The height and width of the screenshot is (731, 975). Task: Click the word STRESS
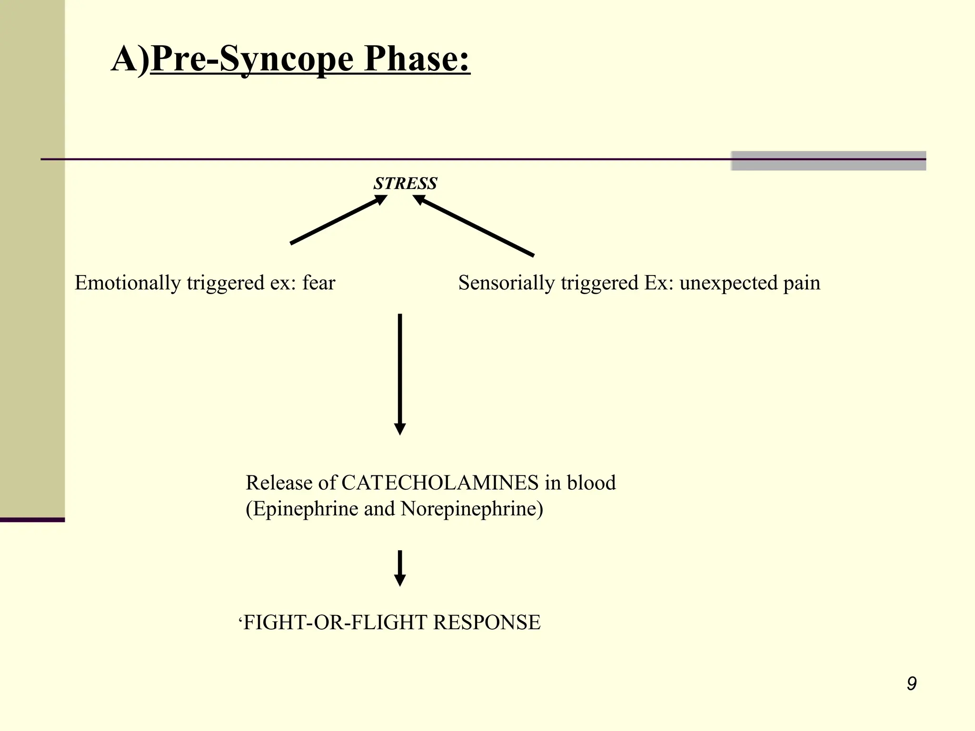tap(405, 183)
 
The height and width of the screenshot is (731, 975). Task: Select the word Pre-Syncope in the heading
tap(252, 59)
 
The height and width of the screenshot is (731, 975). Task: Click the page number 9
tap(911, 683)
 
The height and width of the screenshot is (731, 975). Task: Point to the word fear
tap(318, 283)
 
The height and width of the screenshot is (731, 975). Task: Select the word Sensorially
tap(506, 283)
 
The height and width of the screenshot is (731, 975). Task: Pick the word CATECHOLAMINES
tap(440, 483)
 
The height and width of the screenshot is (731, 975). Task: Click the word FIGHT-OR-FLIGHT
tap(335, 622)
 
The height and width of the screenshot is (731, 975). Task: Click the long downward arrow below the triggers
tap(400, 374)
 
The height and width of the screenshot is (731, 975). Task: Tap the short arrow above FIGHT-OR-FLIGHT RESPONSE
tap(400, 568)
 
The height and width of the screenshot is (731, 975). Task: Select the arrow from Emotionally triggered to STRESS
tap(338, 220)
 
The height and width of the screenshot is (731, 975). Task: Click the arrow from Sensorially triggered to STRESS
tap(474, 226)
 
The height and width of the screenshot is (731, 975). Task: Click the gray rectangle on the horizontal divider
tap(828, 160)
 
